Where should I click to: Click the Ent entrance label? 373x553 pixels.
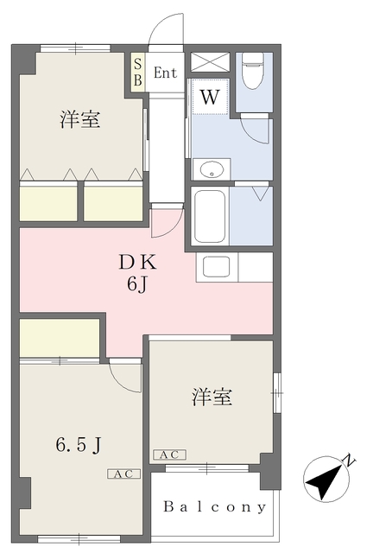[x=165, y=73]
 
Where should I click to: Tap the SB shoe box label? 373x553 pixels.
[x=138, y=73]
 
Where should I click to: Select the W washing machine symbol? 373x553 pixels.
[x=210, y=97]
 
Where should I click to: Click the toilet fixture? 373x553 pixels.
[x=253, y=71]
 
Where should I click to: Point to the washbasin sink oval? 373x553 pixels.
[x=212, y=169]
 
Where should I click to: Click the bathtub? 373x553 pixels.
[x=210, y=216]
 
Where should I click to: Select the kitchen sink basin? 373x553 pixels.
[x=217, y=267]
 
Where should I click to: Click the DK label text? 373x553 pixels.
[x=137, y=263]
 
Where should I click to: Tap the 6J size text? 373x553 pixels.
[x=136, y=284]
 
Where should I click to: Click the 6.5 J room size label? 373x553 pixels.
[x=79, y=445]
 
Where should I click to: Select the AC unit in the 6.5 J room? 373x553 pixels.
[x=123, y=474]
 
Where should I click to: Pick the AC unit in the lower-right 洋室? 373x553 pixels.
[x=169, y=455]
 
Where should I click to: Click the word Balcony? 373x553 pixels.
[x=215, y=507]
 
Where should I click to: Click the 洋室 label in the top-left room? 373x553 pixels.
[x=80, y=119]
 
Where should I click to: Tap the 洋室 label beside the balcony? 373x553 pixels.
[x=212, y=397]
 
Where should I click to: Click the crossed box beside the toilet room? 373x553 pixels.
[x=210, y=62]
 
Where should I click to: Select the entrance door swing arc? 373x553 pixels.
[x=166, y=30]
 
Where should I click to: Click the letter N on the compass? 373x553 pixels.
[x=349, y=461]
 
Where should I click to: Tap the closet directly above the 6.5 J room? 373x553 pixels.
[x=60, y=338]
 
